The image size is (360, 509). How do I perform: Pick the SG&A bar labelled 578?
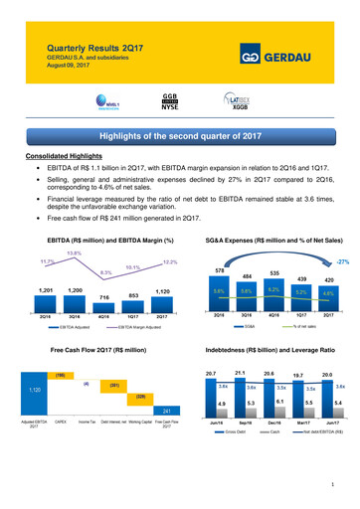pyautogui.click(x=218, y=300)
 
